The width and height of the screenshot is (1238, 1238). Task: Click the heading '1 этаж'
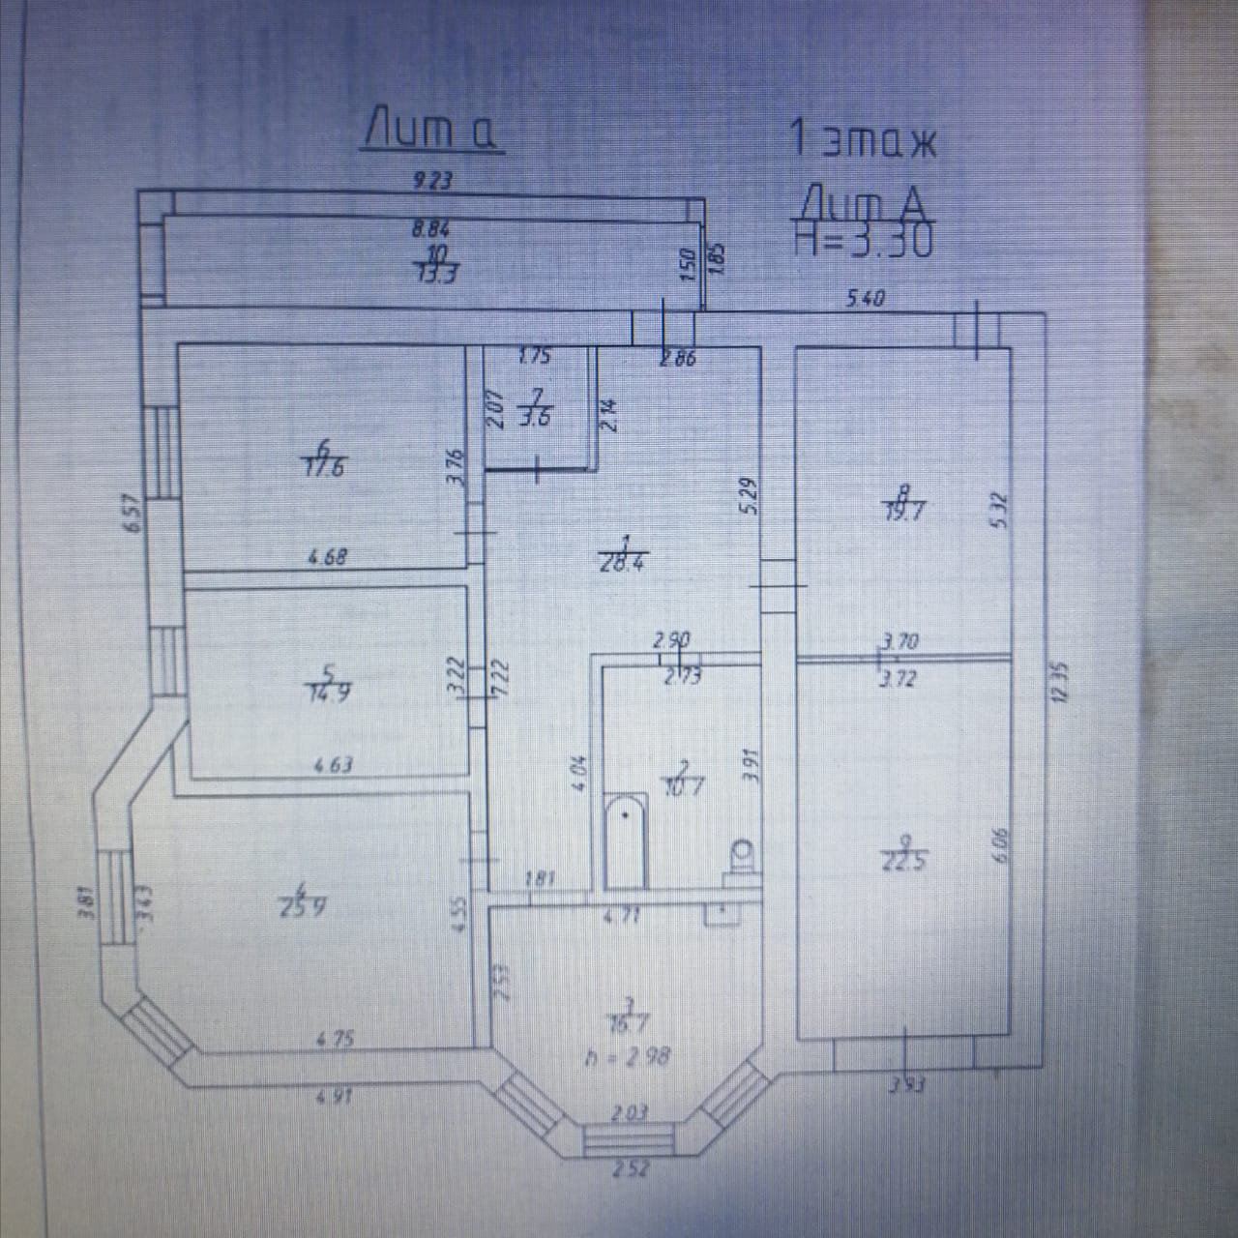tap(864, 140)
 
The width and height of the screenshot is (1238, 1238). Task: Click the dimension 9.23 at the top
tap(432, 180)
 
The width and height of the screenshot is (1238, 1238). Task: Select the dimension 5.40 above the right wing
tap(866, 299)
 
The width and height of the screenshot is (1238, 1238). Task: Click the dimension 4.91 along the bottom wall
tap(337, 1097)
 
